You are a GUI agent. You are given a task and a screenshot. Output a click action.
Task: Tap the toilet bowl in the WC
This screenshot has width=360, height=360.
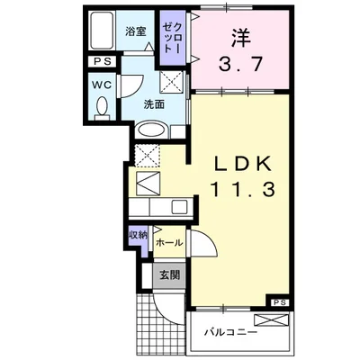pyautogui.click(x=102, y=108)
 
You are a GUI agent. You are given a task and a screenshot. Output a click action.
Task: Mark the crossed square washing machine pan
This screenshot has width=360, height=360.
pyautogui.click(x=170, y=82)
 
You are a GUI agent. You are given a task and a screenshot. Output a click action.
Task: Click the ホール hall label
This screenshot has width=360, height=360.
pyautogui.click(x=168, y=243)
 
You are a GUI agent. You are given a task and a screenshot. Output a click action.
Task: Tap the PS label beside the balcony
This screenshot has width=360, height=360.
pyautogui.click(x=280, y=302)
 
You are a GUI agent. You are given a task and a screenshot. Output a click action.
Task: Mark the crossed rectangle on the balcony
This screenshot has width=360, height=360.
pyautogui.click(x=271, y=319)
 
